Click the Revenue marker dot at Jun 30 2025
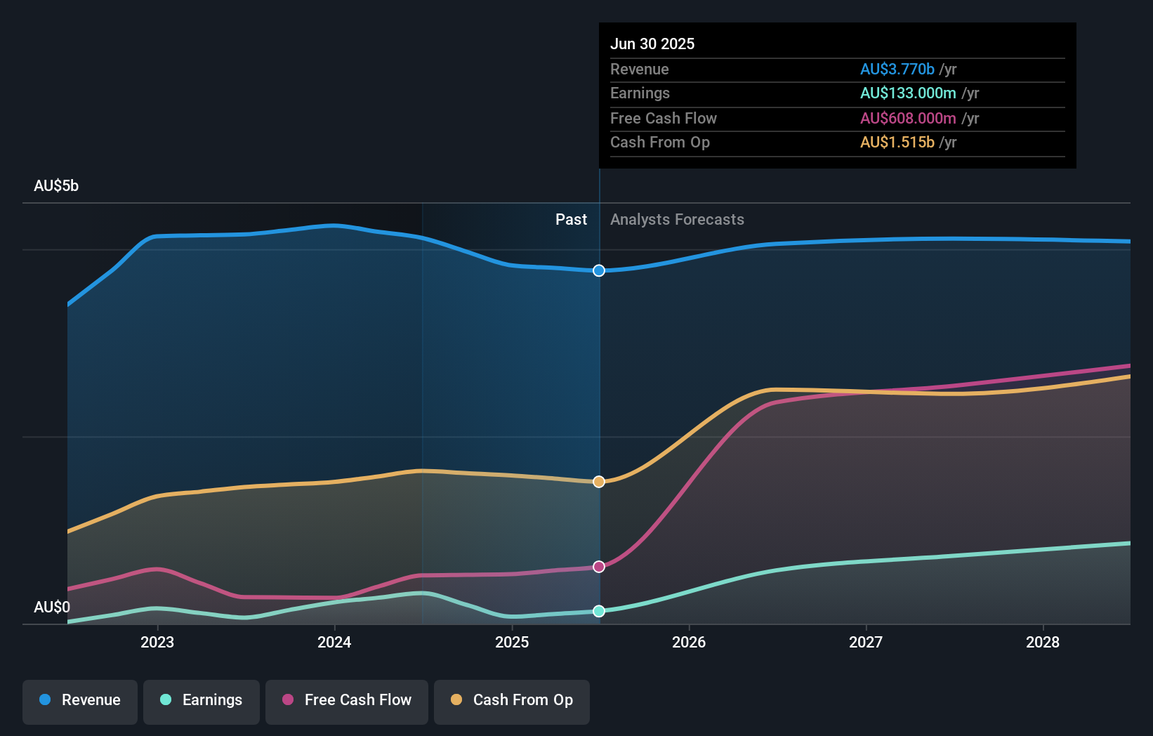(x=599, y=270)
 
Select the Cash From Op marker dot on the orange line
(x=599, y=482)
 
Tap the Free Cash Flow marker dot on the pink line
(x=599, y=567)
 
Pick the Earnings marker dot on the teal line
(x=599, y=611)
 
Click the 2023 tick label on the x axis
(x=157, y=642)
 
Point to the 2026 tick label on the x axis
(x=689, y=642)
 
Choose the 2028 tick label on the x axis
(x=1043, y=642)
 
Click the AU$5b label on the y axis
(x=56, y=185)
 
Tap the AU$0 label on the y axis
(x=52, y=607)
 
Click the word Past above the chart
(x=571, y=219)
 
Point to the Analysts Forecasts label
(x=677, y=219)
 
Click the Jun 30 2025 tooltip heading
(x=652, y=44)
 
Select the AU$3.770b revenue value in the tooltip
(x=897, y=69)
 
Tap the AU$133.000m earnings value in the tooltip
(x=908, y=93)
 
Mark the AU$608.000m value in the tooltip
(x=908, y=118)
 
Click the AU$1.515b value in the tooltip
(x=897, y=142)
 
